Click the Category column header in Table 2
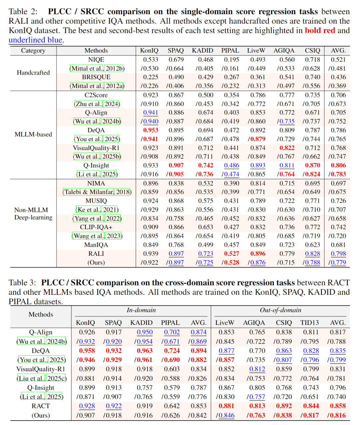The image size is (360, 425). click(x=33, y=51)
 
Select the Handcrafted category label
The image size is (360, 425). click(x=33, y=73)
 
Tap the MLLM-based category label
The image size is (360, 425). click(x=33, y=135)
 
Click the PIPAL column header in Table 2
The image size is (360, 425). click(x=230, y=51)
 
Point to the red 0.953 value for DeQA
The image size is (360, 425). click(x=151, y=130)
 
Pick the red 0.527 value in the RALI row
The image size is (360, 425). click(x=231, y=254)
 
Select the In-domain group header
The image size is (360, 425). click(x=141, y=310)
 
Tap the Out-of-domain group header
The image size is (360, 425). click(x=280, y=310)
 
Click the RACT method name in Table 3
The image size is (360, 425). click(x=41, y=406)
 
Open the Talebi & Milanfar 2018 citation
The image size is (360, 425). click(x=97, y=192)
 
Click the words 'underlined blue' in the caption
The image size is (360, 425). click(x=35, y=40)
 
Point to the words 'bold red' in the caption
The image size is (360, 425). click(x=320, y=31)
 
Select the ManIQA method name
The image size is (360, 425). click(x=96, y=245)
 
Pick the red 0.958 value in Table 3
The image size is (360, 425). click(x=87, y=351)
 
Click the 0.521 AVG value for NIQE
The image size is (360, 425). click(x=338, y=60)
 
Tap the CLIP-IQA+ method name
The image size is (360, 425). click(x=96, y=227)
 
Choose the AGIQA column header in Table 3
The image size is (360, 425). click(x=254, y=323)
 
